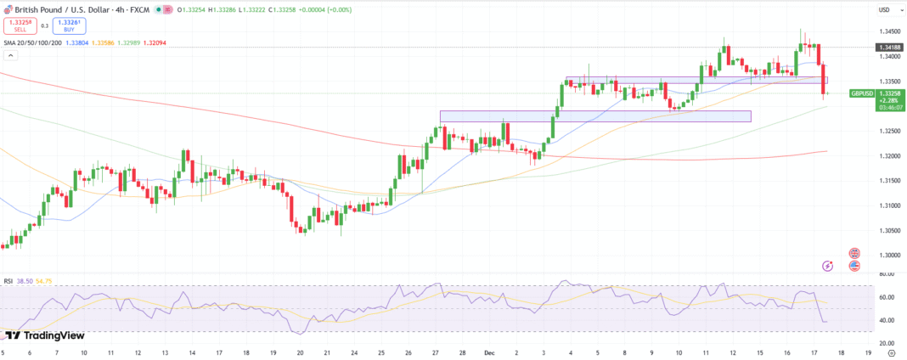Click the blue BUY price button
point(64,25)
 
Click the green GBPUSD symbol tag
point(861,93)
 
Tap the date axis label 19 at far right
point(868,351)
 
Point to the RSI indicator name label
point(8,279)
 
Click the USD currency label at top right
point(884,10)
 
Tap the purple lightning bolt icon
point(827,266)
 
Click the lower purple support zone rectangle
point(594,116)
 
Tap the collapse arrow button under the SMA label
point(11,54)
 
